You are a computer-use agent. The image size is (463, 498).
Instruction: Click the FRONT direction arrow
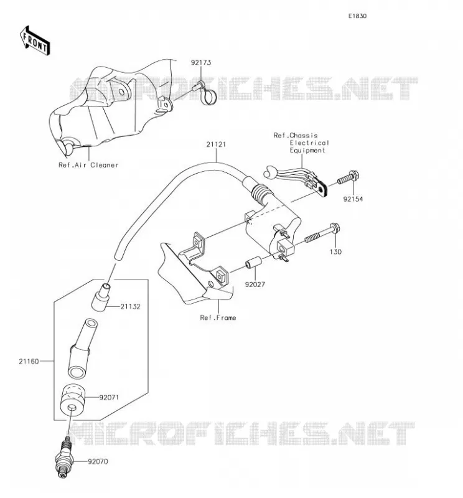coord(35,40)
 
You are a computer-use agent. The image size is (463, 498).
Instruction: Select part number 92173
coord(201,63)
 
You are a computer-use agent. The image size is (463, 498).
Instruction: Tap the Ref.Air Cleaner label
coord(88,165)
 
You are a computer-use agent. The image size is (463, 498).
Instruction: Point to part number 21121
coord(216,144)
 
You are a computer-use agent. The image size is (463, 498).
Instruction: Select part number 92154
coord(353,199)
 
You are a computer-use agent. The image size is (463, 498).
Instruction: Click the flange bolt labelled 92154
coord(348,177)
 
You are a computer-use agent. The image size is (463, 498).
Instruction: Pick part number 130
coord(335,252)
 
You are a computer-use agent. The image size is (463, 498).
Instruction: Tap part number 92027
coord(255,284)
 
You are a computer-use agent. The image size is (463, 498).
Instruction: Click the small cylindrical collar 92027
coord(254,262)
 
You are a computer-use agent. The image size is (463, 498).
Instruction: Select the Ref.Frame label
coord(218,318)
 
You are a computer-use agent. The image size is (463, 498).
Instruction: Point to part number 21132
coord(130,307)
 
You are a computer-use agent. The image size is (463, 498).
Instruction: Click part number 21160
coord(29,362)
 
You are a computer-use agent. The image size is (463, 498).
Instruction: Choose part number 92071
coord(109,398)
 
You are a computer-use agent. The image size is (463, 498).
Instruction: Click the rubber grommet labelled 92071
coord(73,399)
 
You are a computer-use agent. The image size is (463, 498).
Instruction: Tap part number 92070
coord(98,461)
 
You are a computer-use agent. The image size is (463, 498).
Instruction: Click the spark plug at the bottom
coord(65,458)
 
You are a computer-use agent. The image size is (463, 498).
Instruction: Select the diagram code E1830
coord(357,16)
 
